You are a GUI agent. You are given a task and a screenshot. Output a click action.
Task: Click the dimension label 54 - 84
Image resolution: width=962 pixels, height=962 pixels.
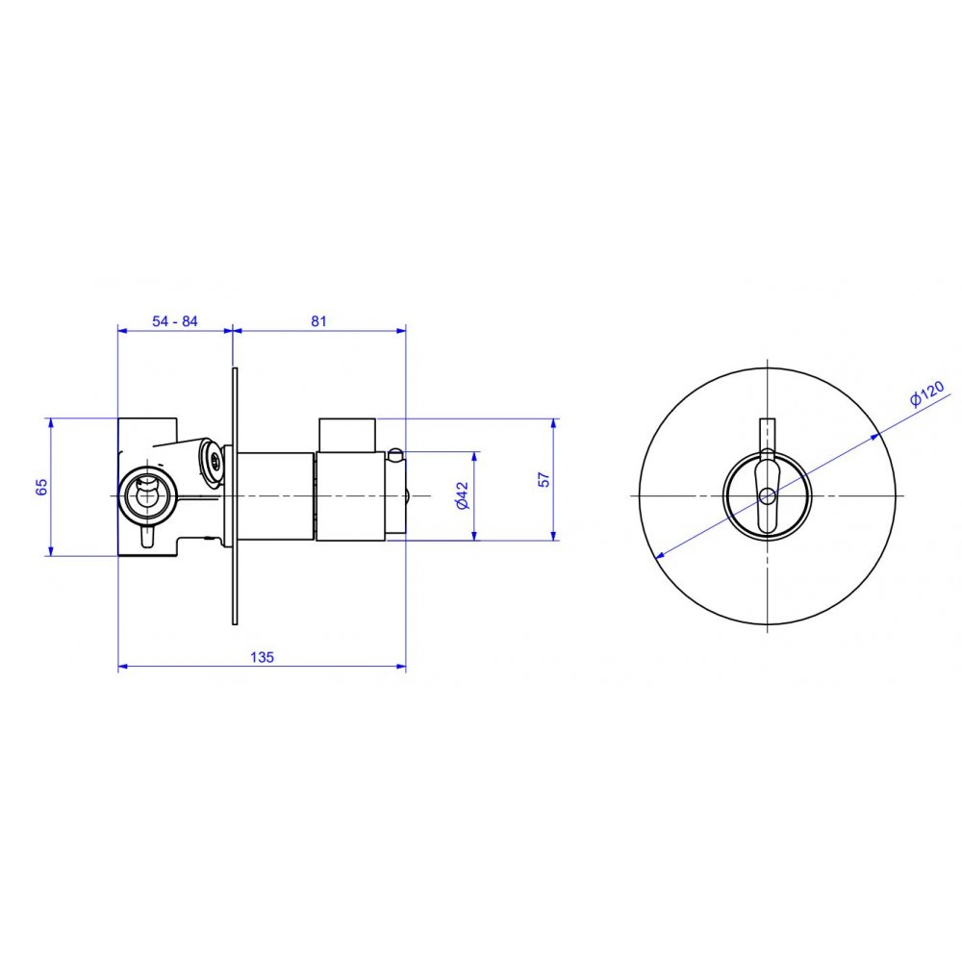pyautogui.click(x=175, y=321)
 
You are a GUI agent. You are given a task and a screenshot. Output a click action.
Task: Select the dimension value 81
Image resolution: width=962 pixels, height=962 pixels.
pyautogui.click(x=319, y=321)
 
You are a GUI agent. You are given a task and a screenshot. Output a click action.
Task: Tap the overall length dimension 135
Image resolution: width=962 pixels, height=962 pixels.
pyautogui.click(x=262, y=657)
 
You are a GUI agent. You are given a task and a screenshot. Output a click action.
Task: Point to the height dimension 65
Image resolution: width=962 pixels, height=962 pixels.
pyautogui.click(x=41, y=487)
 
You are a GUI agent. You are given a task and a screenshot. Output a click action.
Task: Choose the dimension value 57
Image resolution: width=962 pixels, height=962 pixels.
pyautogui.click(x=544, y=479)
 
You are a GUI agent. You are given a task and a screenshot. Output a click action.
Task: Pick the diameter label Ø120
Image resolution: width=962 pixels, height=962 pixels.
pyautogui.click(x=927, y=393)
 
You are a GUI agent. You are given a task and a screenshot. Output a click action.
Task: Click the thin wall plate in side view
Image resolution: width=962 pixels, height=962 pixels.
pyautogui.click(x=235, y=496)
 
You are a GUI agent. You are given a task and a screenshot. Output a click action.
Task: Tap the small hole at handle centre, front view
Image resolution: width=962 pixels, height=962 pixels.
pyautogui.click(x=767, y=494)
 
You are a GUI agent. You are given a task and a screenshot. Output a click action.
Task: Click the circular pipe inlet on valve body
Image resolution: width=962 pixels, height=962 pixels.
pyautogui.click(x=147, y=495)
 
